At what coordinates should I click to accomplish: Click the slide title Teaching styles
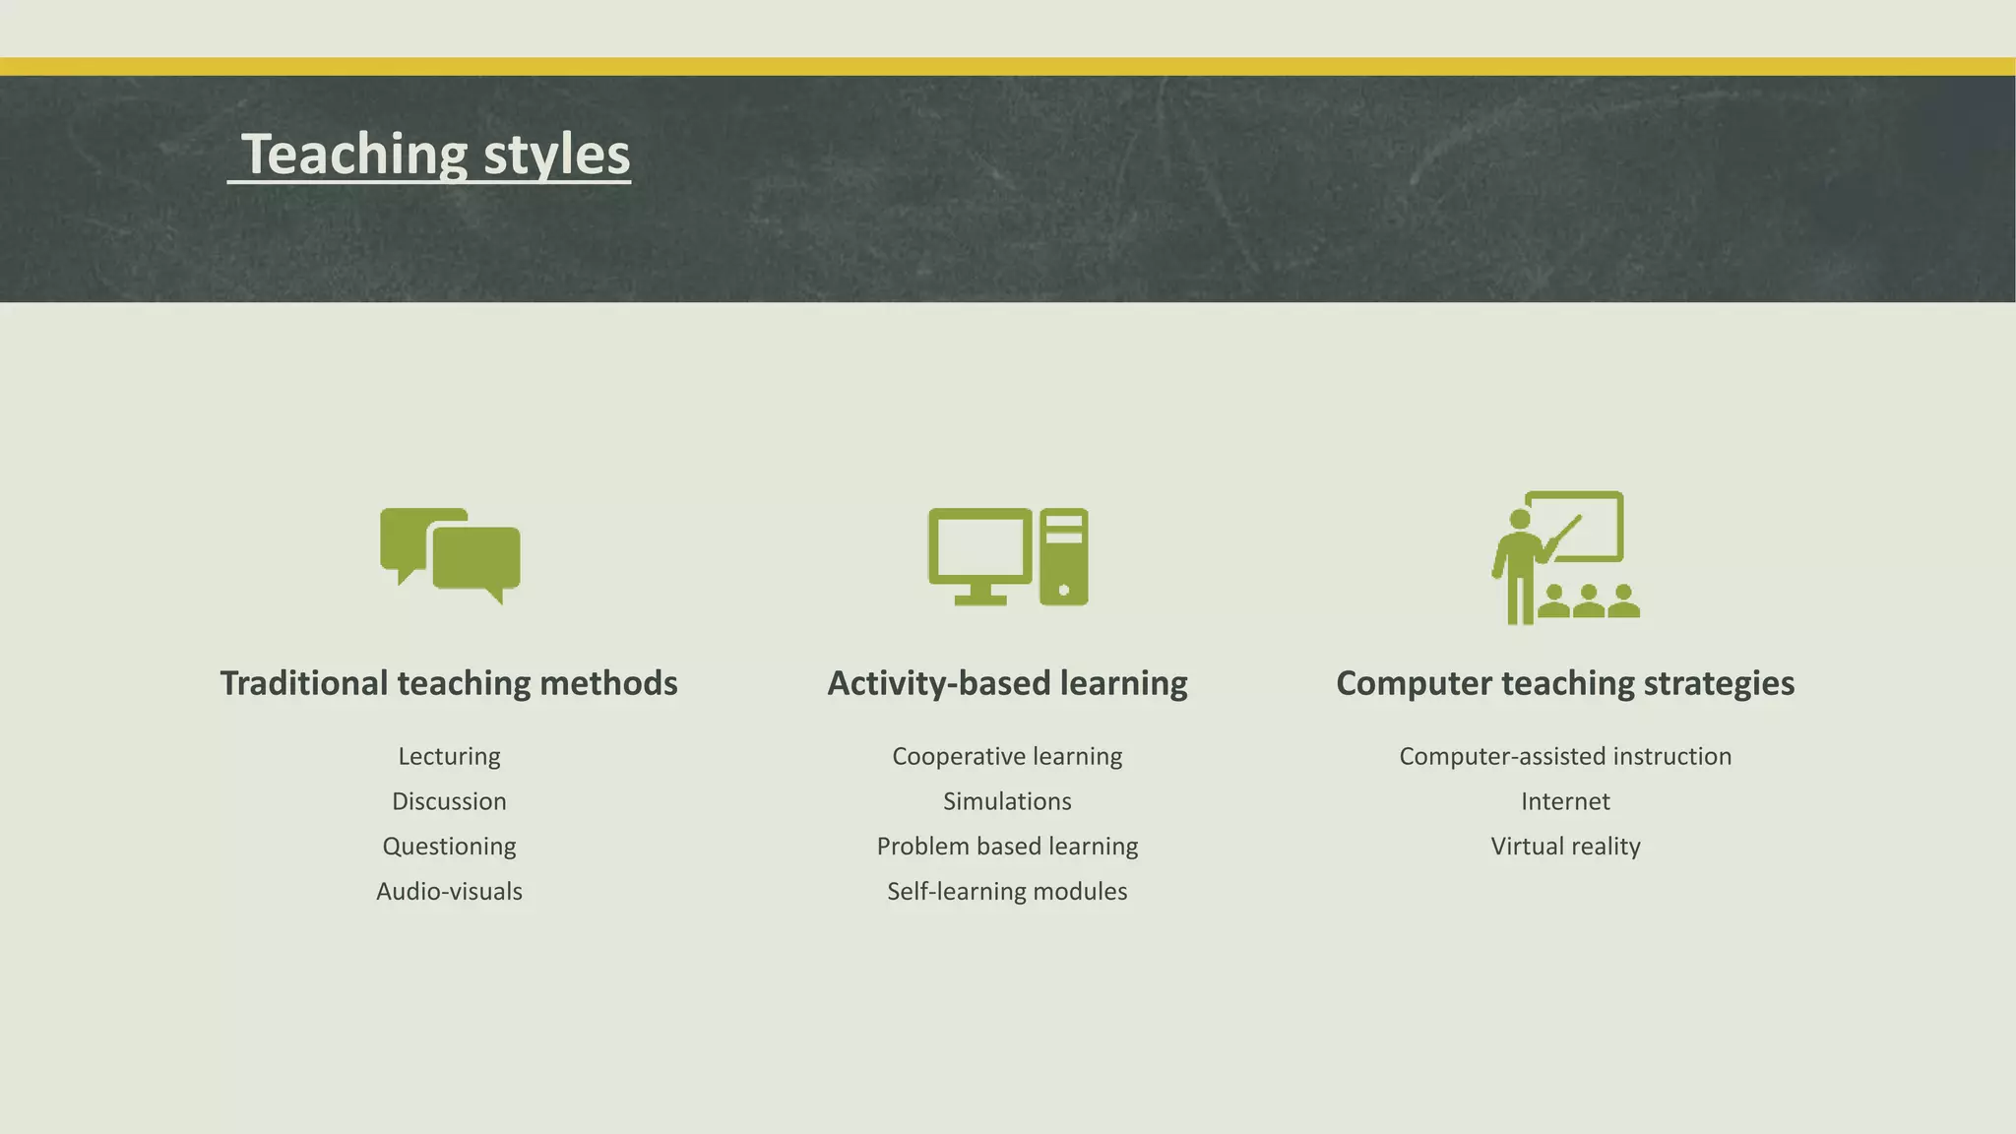pyautogui.click(x=435, y=155)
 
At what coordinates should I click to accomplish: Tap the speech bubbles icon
pyautogui.click(x=451, y=555)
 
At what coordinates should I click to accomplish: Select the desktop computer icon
pyautogui.click(x=1007, y=556)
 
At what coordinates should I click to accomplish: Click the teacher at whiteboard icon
pyautogui.click(x=1564, y=557)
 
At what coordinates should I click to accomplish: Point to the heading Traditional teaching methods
pyautogui.click(x=449, y=683)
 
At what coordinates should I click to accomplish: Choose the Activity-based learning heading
pyautogui.click(x=1007, y=683)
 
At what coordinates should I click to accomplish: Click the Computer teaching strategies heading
pyautogui.click(x=1565, y=683)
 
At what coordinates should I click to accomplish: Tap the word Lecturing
pyautogui.click(x=449, y=756)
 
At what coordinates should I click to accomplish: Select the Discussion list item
pyautogui.click(x=449, y=801)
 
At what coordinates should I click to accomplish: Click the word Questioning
pyautogui.click(x=449, y=847)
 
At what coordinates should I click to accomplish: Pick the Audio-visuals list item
pyautogui.click(x=449, y=892)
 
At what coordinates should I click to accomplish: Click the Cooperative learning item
pyautogui.click(x=1007, y=756)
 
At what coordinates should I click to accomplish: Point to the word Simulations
pyautogui.click(x=1007, y=801)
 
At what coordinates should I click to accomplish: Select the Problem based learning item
pyautogui.click(x=1007, y=847)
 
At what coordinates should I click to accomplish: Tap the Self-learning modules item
pyautogui.click(x=1007, y=892)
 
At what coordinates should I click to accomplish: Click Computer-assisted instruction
pyautogui.click(x=1565, y=756)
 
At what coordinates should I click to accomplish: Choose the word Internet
pyautogui.click(x=1565, y=801)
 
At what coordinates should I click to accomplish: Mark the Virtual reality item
pyautogui.click(x=1565, y=847)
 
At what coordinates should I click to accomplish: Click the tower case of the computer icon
pyautogui.click(x=1064, y=557)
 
